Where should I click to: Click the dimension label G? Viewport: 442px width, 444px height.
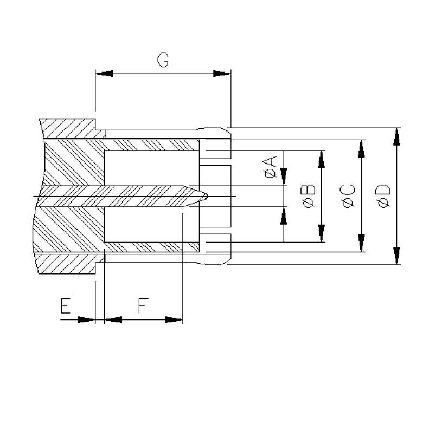pos(162,60)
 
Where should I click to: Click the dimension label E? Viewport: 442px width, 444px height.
pos(65,307)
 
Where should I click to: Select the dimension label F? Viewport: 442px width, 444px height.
pos(142,307)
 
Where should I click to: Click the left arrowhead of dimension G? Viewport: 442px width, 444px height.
pos(104,74)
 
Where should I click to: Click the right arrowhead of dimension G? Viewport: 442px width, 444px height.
pos(221,74)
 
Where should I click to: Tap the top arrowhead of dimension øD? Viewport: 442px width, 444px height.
pos(398,136)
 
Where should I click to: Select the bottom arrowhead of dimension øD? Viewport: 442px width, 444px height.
pos(398,256)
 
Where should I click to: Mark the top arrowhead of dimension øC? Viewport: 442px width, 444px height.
pos(361,148)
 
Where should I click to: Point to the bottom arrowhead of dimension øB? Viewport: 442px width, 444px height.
pos(322,233)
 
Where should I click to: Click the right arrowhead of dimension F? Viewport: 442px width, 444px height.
pos(174,319)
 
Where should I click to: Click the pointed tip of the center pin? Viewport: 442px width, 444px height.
pos(208,196)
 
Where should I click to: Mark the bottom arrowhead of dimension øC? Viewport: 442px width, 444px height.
pos(361,243)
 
